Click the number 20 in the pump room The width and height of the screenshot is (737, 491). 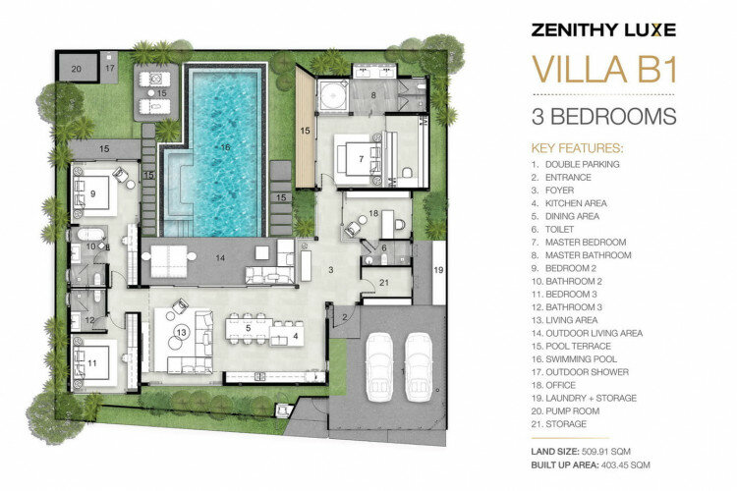pyautogui.click(x=76, y=69)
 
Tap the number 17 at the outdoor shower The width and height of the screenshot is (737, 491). pyautogui.click(x=109, y=68)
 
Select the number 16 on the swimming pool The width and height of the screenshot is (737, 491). pyautogui.click(x=225, y=147)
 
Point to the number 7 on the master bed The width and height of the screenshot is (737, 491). pyautogui.click(x=361, y=159)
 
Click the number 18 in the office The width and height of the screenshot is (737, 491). pyautogui.click(x=373, y=213)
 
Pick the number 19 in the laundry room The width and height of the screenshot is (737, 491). pyautogui.click(x=438, y=270)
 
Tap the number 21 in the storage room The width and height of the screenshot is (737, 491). pyautogui.click(x=384, y=283)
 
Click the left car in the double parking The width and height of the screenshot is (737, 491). pyautogui.click(x=379, y=366)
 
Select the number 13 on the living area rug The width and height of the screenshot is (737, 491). pyautogui.click(x=181, y=332)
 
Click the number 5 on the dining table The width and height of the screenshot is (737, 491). pyautogui.click(x=249, y=327)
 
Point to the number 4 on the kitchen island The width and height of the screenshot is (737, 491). pyautogui.click(x=295, y=337)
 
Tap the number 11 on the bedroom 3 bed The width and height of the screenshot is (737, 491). pyautogui.click(x=92, y=362)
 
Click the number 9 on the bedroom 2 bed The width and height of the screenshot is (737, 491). pyautogui.click(x=92, y=193)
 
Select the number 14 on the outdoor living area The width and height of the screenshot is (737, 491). pyautogui.click(x=220, y=258)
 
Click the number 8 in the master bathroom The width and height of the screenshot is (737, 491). pyautogui.click(x=373, y=95)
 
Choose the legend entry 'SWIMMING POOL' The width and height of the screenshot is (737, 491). pyautogui.click(x=582, y=359)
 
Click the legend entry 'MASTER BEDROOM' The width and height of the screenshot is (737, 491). pyautogui.click(x=586, y=243)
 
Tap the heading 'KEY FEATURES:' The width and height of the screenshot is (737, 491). pyautogui.click(x=577, y=148)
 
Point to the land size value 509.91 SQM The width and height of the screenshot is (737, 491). pyautogui.click(x=606, y=452)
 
